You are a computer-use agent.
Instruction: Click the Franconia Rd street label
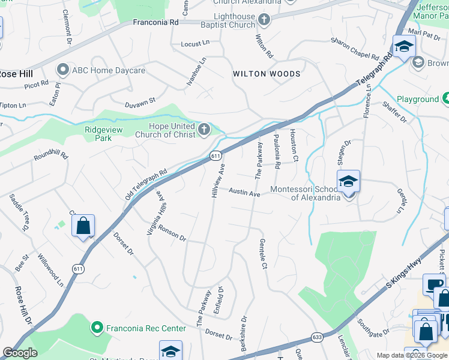(156, 22)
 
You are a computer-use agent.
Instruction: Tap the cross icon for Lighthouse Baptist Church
(263, 20)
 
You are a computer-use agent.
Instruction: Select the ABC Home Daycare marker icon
(62, 70)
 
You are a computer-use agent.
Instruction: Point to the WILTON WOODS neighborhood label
(267, 74)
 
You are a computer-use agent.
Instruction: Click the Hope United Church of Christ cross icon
(205, 129)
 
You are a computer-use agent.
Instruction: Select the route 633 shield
(316, 338)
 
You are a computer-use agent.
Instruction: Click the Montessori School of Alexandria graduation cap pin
(349, 181)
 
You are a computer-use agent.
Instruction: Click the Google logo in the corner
(20, 353)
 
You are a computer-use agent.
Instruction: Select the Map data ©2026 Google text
(412, 355)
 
